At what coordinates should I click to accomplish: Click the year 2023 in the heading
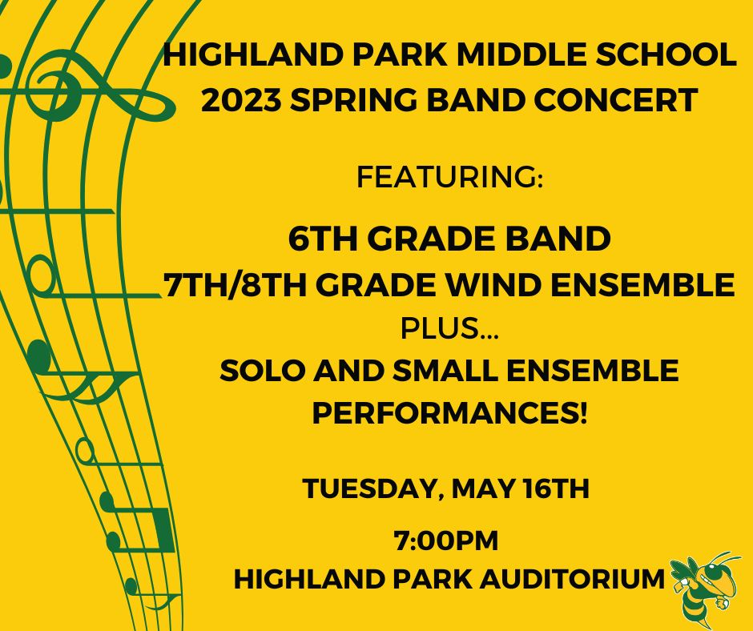click(241, 100)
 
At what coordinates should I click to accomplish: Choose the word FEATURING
click(449, 177)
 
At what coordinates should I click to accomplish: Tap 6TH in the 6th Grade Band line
click(323, 238)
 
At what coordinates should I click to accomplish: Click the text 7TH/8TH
click(236, 285)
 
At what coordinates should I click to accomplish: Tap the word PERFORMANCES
click(449, 412)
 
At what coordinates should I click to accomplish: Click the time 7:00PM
click(446, 541)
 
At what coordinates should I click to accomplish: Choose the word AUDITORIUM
click(573, 579)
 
